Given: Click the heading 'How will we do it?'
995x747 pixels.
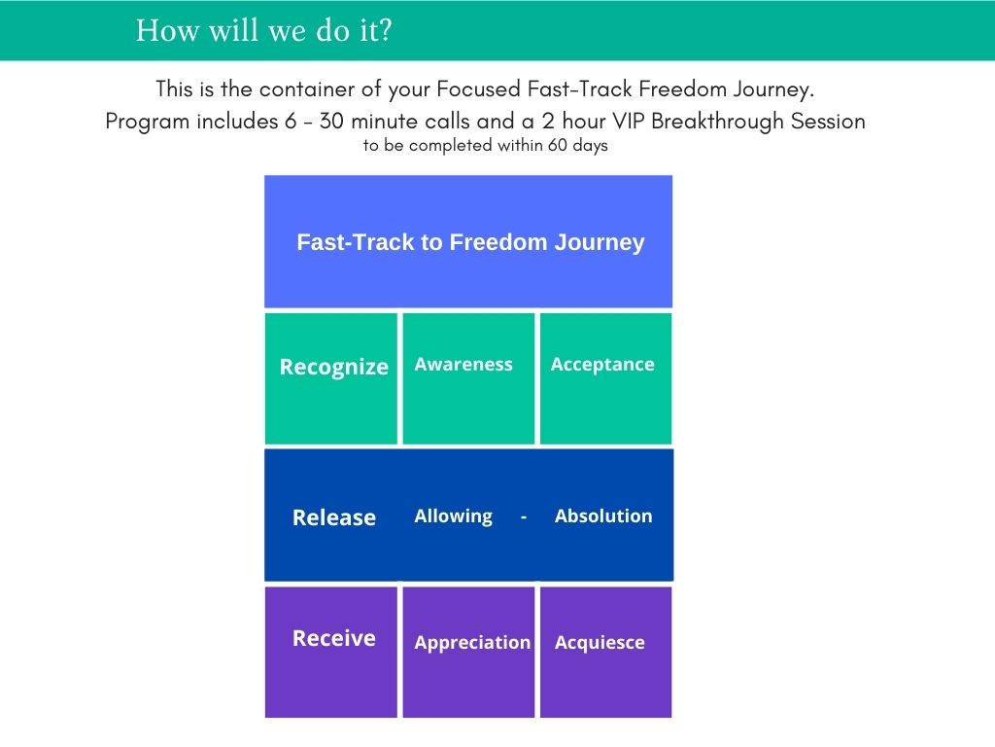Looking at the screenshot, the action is click(x=264, y=30).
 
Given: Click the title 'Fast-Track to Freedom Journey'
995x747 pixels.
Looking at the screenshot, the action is click(x=470, y=242).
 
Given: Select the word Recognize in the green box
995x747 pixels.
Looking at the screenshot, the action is click(x=334, y=367).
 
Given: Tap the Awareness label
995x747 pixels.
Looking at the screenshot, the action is click(x=463, y=364).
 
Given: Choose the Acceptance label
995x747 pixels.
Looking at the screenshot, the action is click(x=602, y=365).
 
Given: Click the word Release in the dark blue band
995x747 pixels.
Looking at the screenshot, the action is click(x=334, y=517).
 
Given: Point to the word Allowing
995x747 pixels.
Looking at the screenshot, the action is click(x=453, y=516).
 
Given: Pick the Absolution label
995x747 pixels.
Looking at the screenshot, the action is click(x=603, y=516).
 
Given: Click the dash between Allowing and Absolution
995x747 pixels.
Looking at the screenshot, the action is click(x=524, y=517).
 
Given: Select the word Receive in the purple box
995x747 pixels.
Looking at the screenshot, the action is click(x=334, y=638).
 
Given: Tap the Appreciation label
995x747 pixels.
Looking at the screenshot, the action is click(x=472, y=643).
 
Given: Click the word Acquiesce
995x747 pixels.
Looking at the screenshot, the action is click(x=600, y=643).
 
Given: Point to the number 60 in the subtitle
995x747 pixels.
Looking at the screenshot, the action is click(x=557, y=145).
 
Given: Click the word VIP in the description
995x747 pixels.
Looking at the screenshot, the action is click(x=629, y=121).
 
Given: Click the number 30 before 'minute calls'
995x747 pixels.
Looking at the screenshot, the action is click(x=331, y=121).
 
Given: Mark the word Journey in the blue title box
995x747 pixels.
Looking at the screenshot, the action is click(x=600, y=242).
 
